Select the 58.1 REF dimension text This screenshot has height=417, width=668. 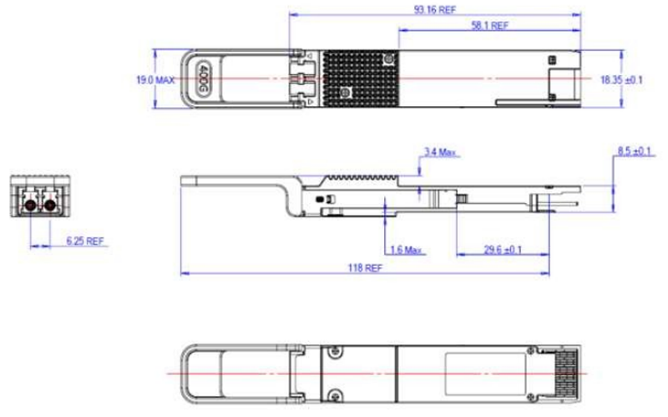[x=489, y=26]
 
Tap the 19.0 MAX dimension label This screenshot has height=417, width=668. [x=155, y=80]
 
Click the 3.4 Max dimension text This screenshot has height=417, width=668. [x=440, y=152]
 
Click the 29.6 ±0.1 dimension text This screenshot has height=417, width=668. [x=503, y=250]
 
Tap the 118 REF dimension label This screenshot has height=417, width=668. [x=364, y=268]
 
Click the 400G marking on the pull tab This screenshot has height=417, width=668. [x=203, y=78]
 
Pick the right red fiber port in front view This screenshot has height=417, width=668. [x=48, y=202]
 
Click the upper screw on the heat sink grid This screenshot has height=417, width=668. [x=388, y=60]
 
